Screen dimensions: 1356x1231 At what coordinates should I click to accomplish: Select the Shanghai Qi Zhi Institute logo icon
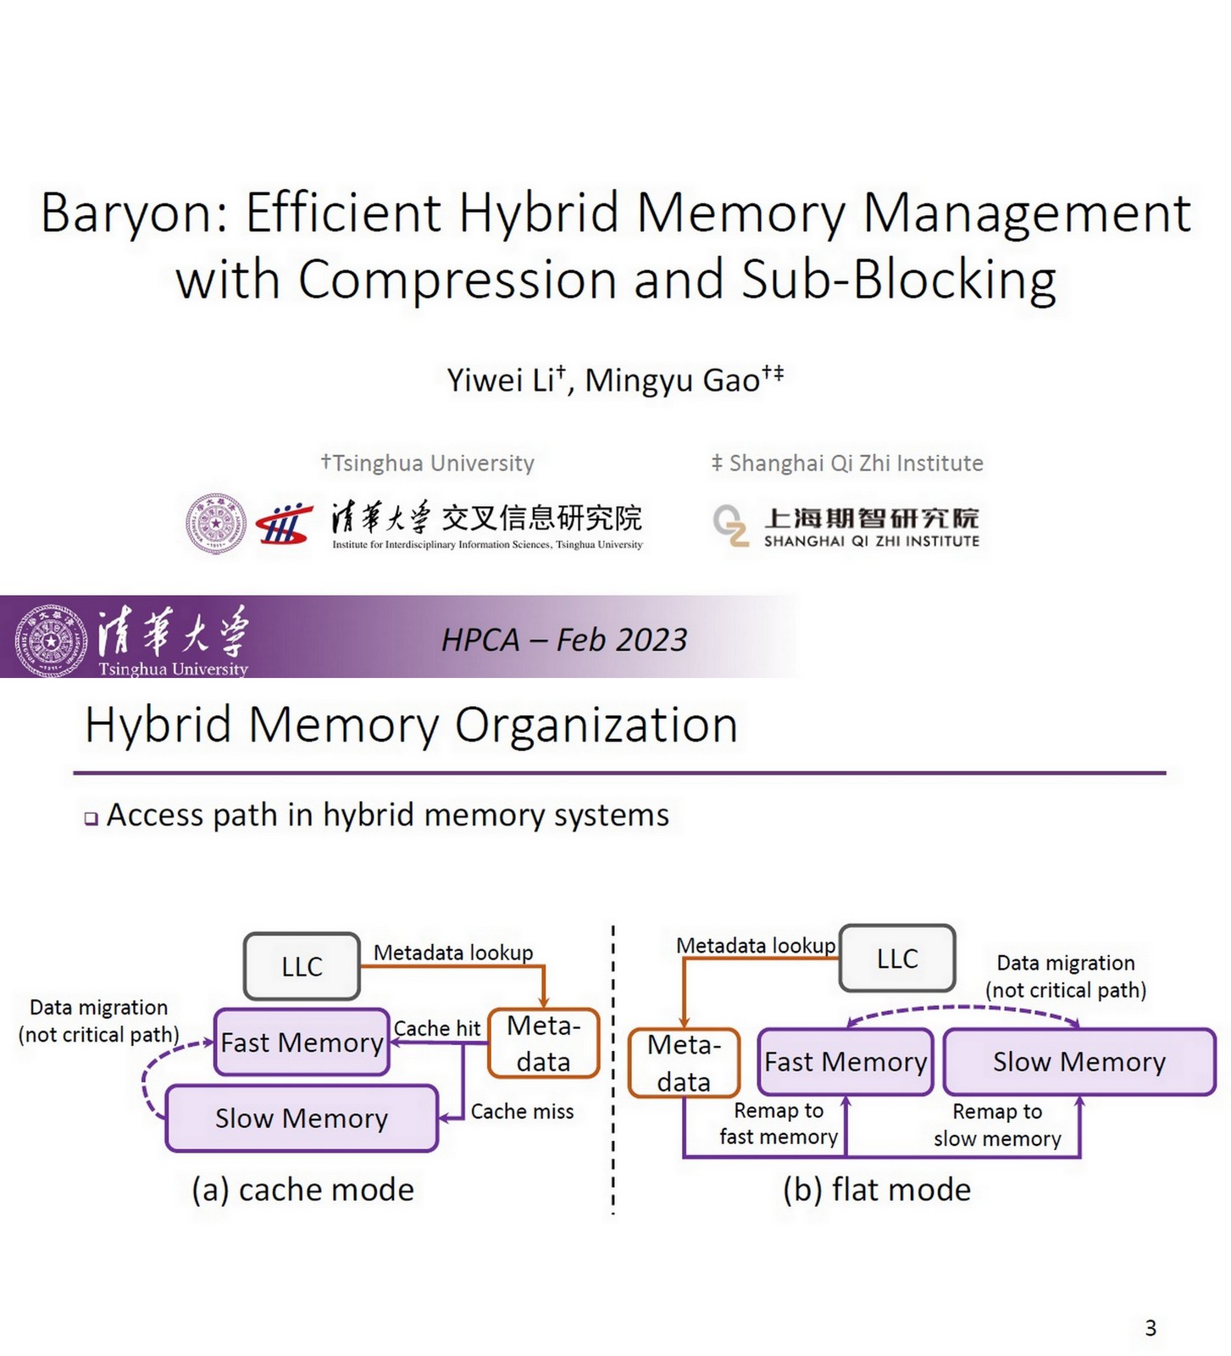(730, 525)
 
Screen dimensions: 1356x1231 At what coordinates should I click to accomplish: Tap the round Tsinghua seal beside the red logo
(216, 524)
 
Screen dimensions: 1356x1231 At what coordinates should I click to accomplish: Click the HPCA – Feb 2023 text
(563, 640)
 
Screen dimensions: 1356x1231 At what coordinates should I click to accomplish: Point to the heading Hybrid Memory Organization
(411, 725)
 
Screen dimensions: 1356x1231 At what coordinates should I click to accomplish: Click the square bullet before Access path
(91, 819)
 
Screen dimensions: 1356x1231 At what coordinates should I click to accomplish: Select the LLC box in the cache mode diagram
(302, 966)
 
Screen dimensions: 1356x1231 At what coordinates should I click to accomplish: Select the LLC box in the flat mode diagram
(897, 959)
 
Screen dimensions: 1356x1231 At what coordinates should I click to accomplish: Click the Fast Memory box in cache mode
(302, 1042)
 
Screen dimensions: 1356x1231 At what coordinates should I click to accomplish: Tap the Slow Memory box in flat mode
(1079, 1062)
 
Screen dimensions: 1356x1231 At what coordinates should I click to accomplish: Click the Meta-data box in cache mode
(543, 1043)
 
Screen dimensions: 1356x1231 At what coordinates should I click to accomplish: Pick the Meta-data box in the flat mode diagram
(684, 1063)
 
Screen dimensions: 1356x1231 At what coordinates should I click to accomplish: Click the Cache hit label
(436, 1028)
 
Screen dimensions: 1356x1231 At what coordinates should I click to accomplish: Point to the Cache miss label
(522, 1111)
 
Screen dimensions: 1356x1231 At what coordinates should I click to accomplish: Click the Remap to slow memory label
(997, 1125)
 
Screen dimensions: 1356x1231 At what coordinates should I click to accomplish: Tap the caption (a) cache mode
(302, 1190)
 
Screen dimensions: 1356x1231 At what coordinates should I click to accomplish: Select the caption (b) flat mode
(876, 1190)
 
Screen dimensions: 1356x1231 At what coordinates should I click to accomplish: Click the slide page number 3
(1150, 1328)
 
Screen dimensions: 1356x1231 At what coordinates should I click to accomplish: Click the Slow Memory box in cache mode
(302, 1119)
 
